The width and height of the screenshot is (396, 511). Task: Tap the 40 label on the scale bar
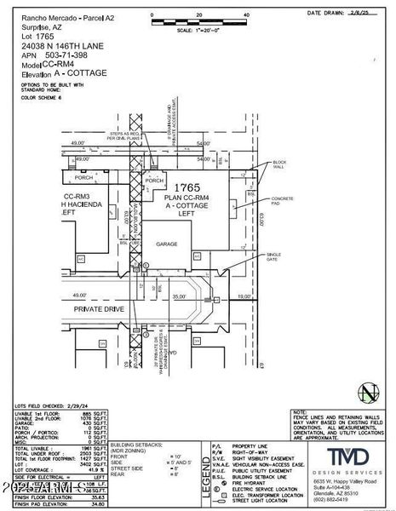click(x=245, y=15)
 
